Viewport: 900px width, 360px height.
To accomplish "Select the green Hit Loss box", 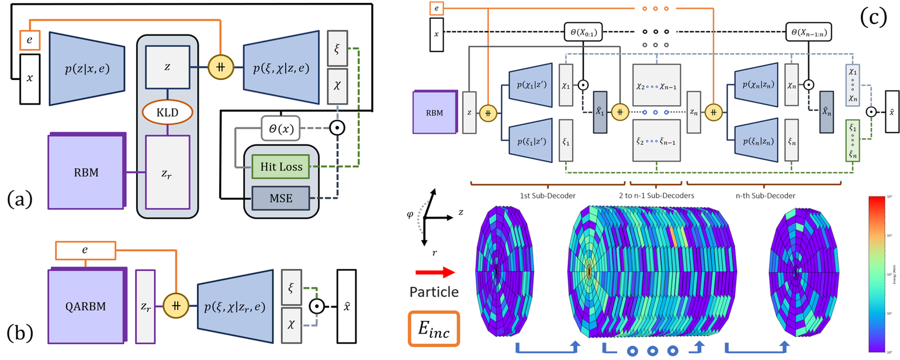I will coord(277,167).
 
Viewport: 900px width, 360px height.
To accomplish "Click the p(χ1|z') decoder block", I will coord(531,85).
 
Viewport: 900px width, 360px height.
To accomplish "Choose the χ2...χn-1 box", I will coord(657,85).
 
